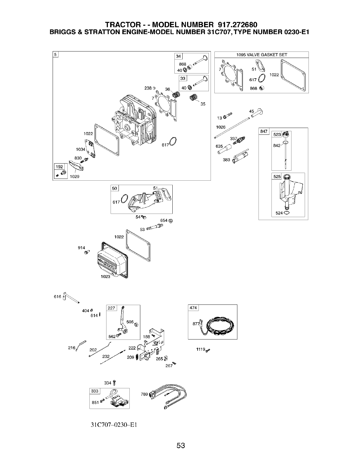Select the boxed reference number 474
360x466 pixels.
(193, 308)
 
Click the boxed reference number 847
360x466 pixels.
(264, 131)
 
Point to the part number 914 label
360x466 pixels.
(81, 248)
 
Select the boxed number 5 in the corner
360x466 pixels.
(56, 54)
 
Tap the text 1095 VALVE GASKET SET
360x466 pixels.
(261, 54)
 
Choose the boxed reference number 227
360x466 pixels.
(111, 308)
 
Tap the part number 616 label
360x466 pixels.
(57, 297)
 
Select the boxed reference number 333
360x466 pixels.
(95, 391)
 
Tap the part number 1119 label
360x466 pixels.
(200, 349)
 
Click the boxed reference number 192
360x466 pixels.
(59, 167)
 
